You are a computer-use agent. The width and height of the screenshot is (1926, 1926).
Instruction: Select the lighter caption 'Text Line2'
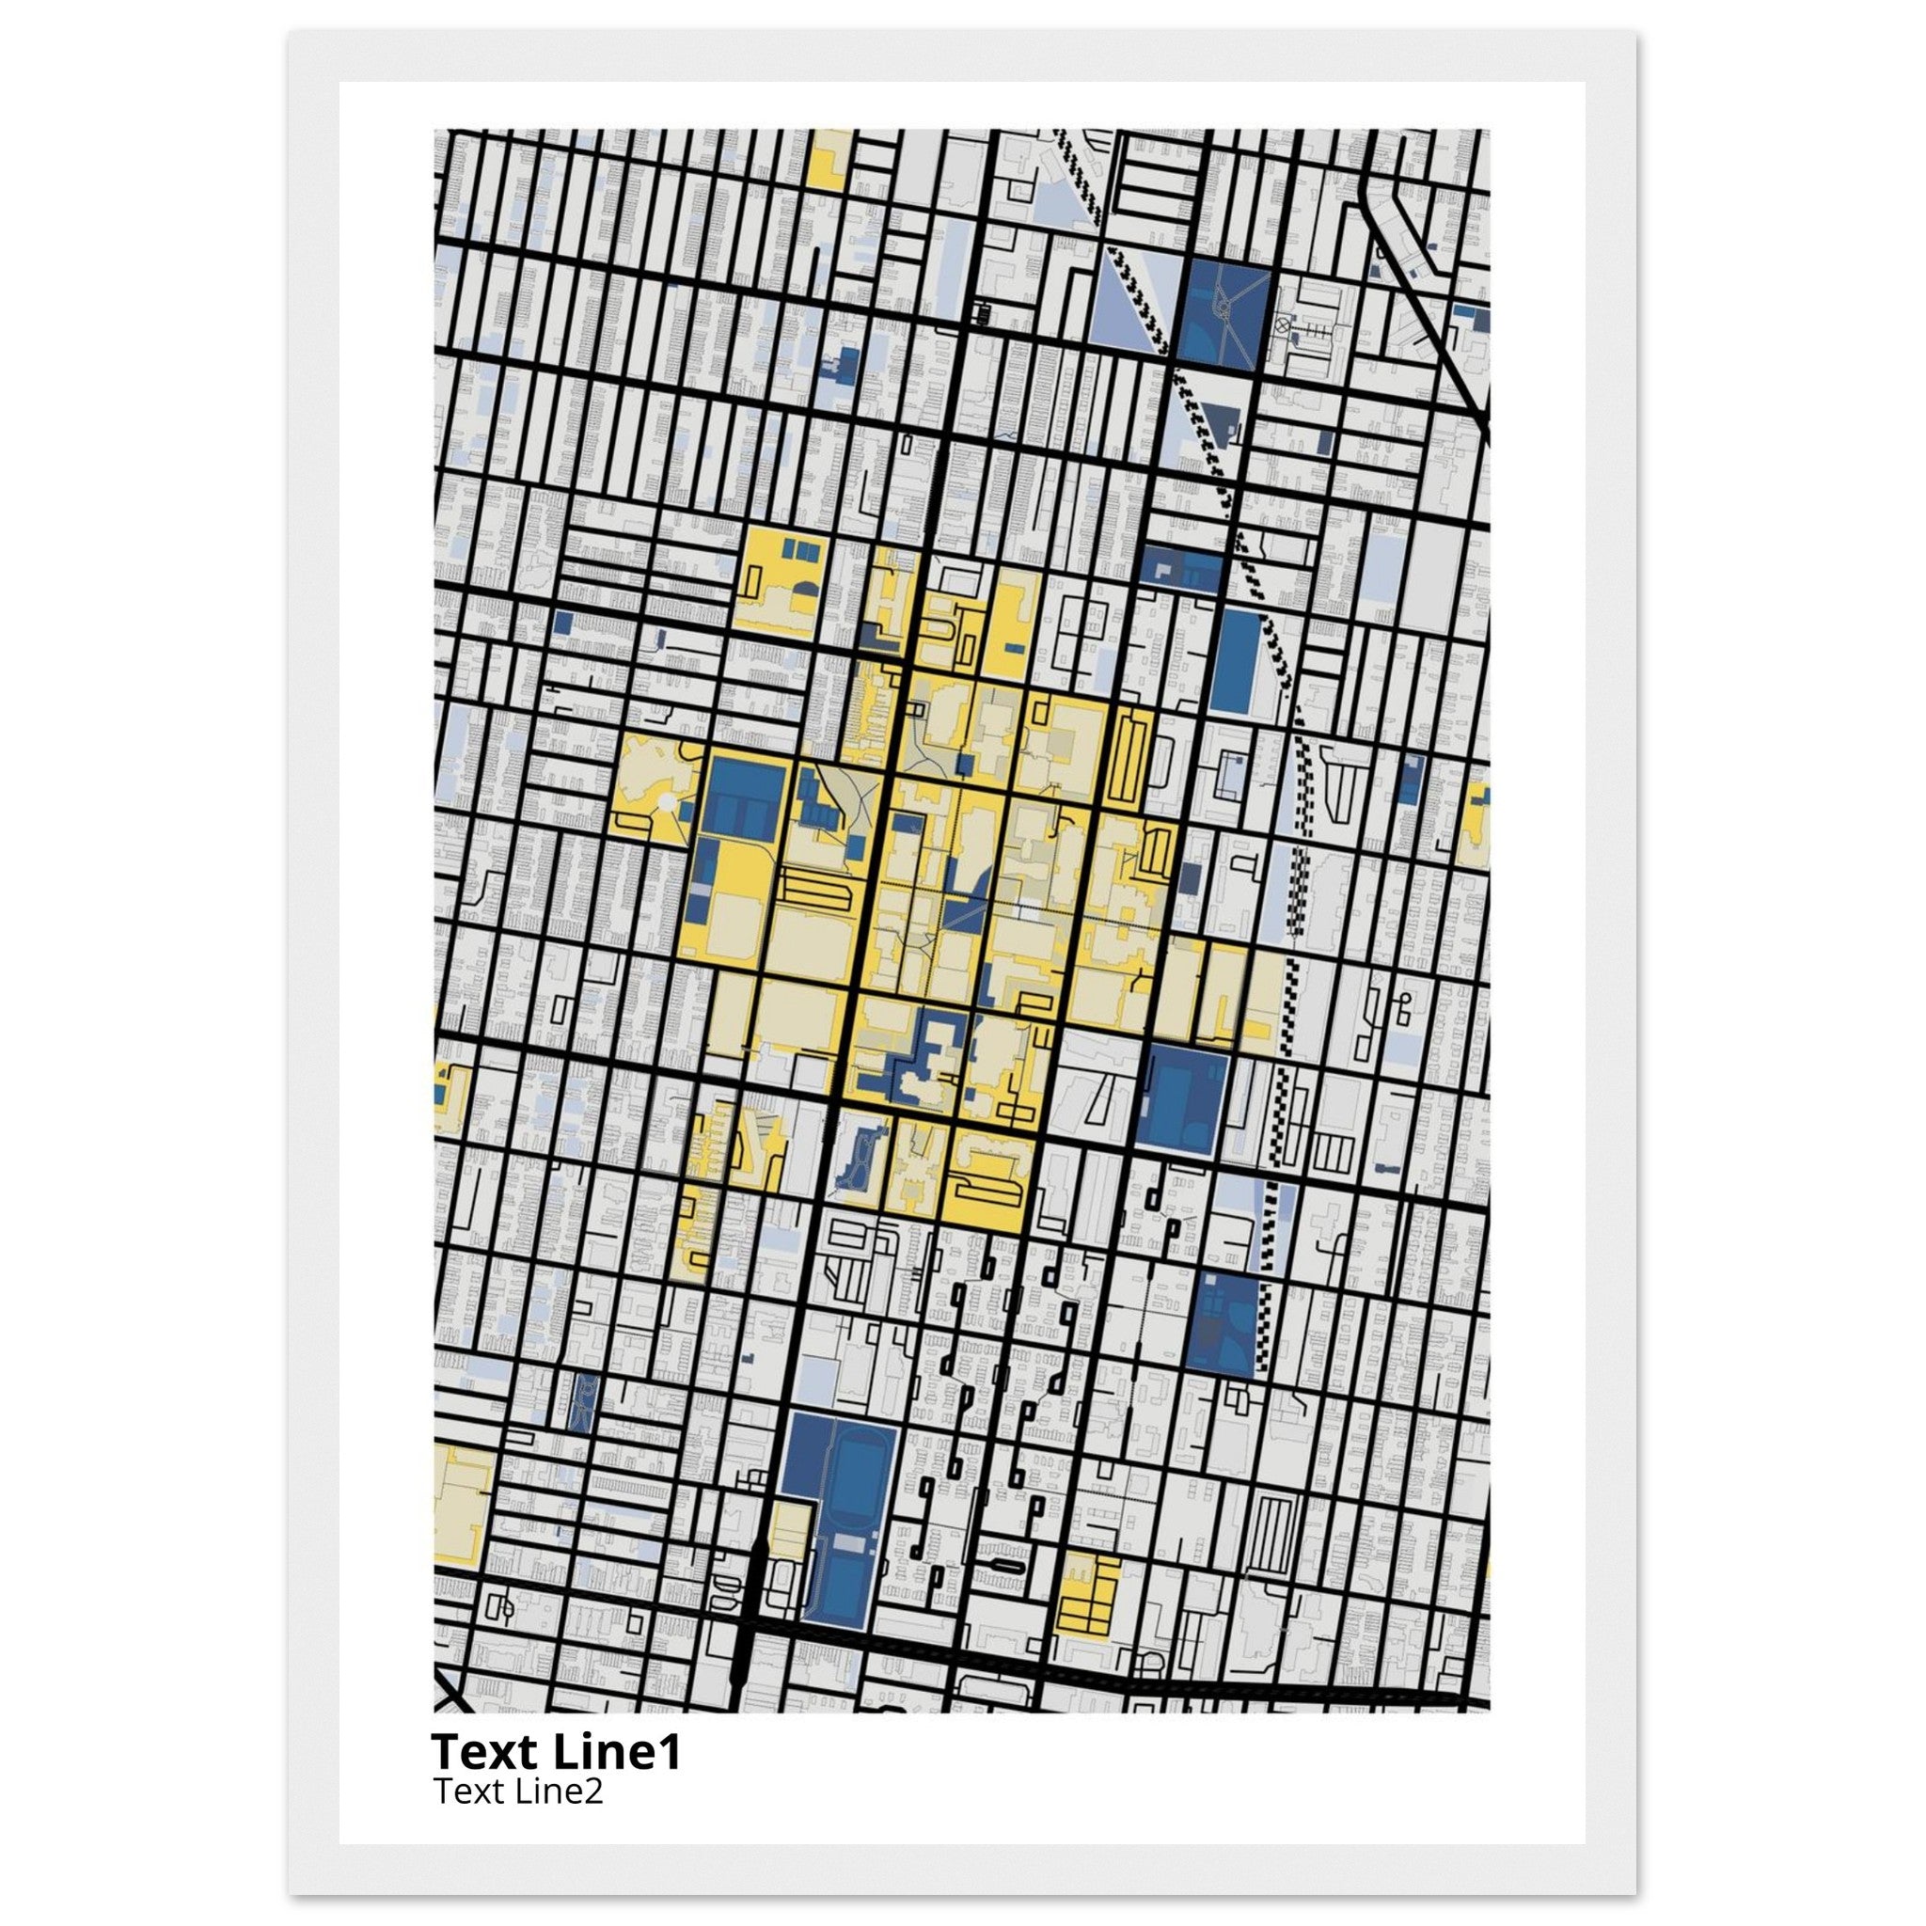pyautogui.click(x=518, y=1792)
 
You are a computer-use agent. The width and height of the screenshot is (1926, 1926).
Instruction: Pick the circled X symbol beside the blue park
pyautogui.click(x=1282, y=324)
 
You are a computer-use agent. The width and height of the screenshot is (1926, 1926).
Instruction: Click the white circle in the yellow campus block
pyautogui.click(x=665, y=800)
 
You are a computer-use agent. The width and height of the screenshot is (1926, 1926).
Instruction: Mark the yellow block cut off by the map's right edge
pyautogui.click(x=1475, y=824)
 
